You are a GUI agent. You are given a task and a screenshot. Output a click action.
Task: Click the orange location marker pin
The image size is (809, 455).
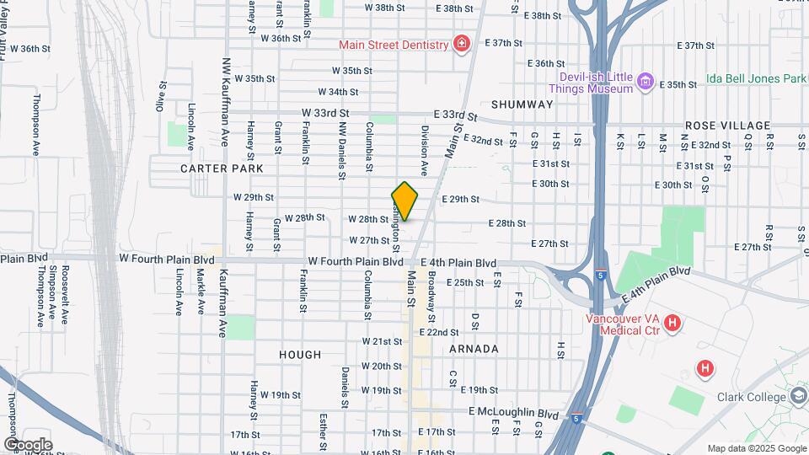pyautogui.click(x=405, y=201)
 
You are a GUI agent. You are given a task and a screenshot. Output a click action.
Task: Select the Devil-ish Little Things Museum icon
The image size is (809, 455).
pyautogui.click(x=646, y=82)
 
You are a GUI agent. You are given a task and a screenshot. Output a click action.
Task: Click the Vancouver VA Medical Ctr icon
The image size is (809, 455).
pyautogui.click(x=672, y=323)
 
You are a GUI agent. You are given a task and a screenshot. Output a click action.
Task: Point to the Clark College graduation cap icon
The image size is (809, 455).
pyautogui.click(x=799, y=396)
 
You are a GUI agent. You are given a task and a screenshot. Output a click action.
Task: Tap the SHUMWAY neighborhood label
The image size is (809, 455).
pyautogui.click(x=522, y=104)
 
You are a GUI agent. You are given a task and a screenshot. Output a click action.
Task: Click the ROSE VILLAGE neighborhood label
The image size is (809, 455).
pyautogui.click(x=727, y=126)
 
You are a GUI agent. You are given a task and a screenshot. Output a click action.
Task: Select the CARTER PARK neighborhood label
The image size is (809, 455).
pyautogui.click(x=222, y=169)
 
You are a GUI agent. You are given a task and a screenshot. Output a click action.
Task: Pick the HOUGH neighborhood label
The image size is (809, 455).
pyautogui.click(x=300, y=355)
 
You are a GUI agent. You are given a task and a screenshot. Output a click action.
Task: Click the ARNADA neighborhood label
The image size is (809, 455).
pyautogui.click(x=474, y=349)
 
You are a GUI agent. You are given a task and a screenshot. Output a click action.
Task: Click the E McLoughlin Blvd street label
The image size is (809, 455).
pyautogui.click(x=514, y=414)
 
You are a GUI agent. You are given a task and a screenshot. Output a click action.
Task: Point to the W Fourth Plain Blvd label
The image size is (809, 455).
pyautogui.click(x=356, y=262)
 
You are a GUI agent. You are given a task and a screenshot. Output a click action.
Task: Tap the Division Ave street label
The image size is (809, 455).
pyautogui.click(x=426, y=150)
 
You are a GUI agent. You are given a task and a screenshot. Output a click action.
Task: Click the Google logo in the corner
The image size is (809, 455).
pyautogui.click(x=28, y=444)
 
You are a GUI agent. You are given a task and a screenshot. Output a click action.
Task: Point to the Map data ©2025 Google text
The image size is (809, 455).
pyautogui.click(x=756, y=448)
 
